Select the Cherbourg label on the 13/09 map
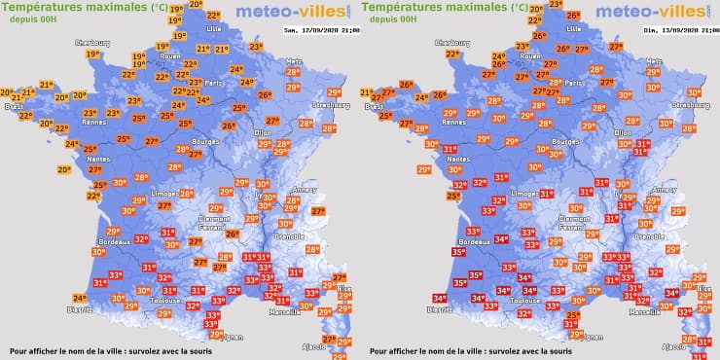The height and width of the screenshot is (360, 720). [454, 43]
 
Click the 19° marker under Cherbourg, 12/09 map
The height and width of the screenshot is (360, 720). [92, 54]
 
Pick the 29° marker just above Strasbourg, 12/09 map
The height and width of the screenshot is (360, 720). [335, 92]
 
